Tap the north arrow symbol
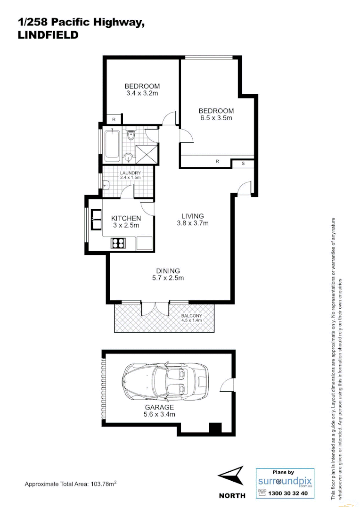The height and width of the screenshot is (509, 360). point(232,475)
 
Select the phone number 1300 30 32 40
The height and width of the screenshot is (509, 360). point(287,493)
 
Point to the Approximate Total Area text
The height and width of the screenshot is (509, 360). point(70,484)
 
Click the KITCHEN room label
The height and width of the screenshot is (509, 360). point(126,218)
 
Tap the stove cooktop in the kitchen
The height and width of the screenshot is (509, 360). point(118,243)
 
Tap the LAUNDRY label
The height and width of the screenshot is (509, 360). point(130,173)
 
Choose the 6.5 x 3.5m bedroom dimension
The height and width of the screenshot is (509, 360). point(216,118)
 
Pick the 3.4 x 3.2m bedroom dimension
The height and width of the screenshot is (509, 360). point(142,93)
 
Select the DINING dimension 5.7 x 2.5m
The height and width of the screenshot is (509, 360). point(168,278)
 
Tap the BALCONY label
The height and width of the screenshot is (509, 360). point(191,316)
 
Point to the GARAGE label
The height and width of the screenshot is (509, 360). point(159,407)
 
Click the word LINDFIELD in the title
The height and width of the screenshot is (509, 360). point(48,35)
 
